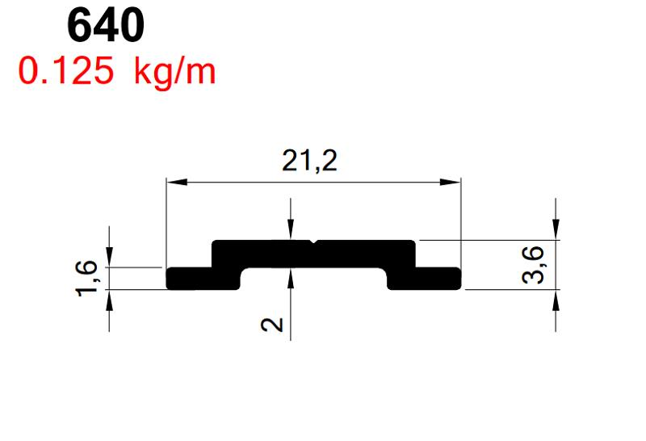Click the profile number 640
click(x=105, y=26)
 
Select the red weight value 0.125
click(x=68, y=72)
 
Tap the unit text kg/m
click(x=174, y=72)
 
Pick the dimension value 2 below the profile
click(x=274, y=325)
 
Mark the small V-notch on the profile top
click(x=314, y=242)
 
